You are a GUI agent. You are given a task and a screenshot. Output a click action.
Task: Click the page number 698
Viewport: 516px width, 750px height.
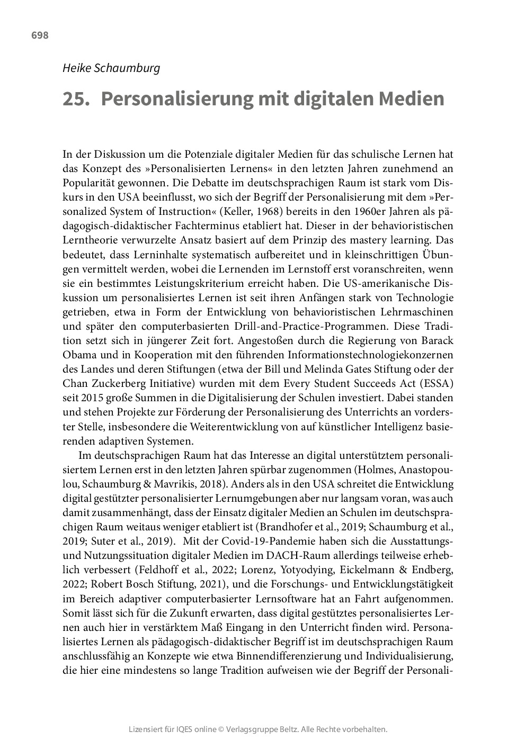[x=40, y=35]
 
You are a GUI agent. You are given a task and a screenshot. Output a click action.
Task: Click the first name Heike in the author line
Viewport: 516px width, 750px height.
[x=77, y=68]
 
